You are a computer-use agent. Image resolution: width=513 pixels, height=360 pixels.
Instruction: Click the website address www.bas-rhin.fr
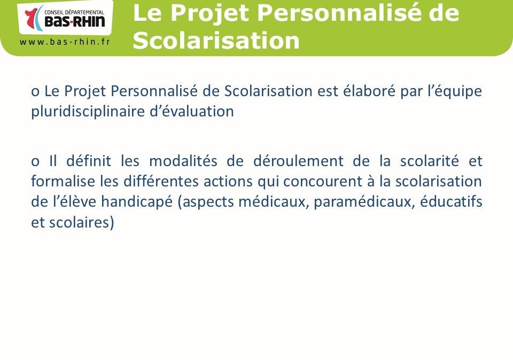65,42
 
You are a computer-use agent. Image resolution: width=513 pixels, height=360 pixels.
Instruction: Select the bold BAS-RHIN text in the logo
75,21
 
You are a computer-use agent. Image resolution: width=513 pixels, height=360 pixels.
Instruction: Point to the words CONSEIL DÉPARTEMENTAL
74,12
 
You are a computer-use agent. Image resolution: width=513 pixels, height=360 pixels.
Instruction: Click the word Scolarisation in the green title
216,41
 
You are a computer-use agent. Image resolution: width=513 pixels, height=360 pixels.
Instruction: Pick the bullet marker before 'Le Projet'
35,92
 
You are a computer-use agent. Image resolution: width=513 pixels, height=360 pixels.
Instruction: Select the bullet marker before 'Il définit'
35,162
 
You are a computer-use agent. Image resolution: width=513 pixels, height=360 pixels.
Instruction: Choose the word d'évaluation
192,111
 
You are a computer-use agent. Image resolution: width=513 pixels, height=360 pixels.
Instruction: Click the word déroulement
298,161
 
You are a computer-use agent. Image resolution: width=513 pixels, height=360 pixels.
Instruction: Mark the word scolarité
430,161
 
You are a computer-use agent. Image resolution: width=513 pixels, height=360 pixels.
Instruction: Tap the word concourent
323,182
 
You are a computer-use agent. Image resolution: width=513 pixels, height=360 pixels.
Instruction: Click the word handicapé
137,202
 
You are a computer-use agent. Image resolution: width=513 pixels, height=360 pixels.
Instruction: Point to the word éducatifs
451,201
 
